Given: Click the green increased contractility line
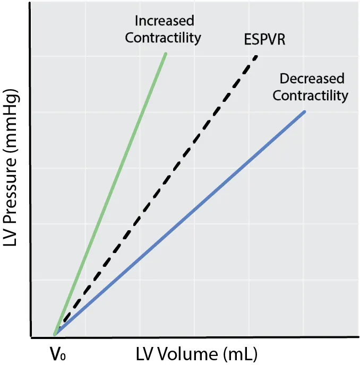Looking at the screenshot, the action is (x=110, y=194).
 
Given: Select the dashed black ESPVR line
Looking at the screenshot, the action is (x=156, y=195).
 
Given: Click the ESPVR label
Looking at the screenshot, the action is (x=264, y=39).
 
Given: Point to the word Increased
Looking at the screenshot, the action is (x=165, y=21).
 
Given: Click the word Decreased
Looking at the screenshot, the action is (x=312, y=79).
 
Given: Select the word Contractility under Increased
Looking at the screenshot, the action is (x=163, y=38).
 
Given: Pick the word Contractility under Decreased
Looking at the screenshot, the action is (x=311, y=95).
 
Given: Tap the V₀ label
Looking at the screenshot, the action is (x=57, y=353).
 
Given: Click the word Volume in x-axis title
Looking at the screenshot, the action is (x=188, y=354).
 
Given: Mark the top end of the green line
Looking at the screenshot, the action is (x=166, y=54).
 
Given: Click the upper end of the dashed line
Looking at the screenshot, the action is (x=256, y=56).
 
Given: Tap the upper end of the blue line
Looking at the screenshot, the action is (x=305, y=112).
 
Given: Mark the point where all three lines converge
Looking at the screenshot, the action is (x=55, y=335).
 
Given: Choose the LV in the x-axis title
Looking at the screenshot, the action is (x=145, y=354).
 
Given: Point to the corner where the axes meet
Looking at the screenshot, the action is (x=31, y=337).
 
